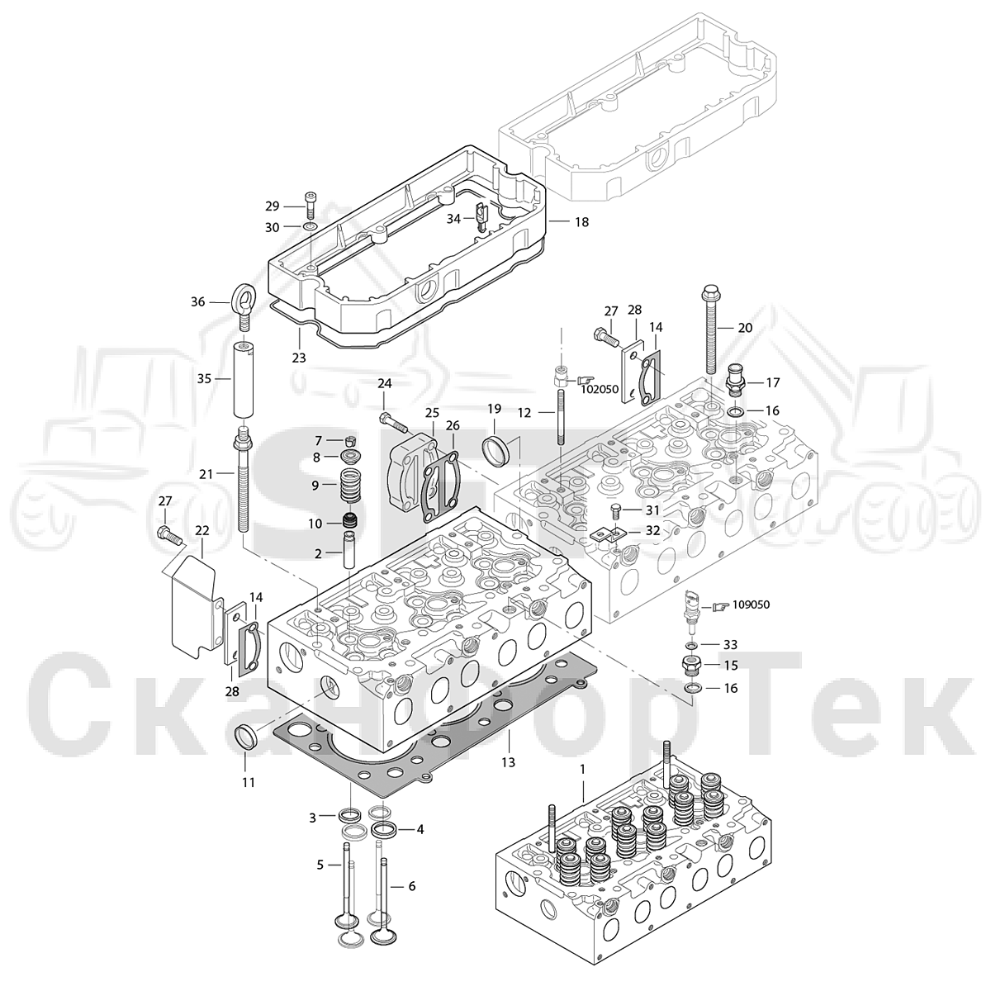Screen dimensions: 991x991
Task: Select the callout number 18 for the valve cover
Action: tap(581, 222)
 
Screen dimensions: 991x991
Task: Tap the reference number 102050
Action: tap(599, 389)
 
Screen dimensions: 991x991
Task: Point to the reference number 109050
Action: tap(751, 605)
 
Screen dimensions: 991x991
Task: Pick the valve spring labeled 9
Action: tap(349, 485)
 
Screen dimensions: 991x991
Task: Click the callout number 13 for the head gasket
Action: tap(508, 762)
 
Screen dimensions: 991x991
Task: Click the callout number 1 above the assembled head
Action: tap(583, 770)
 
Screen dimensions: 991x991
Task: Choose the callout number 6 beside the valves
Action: tap(412, 886)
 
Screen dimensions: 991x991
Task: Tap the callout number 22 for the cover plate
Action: tap(202, 529)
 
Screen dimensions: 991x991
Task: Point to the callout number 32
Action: tap(652, 530)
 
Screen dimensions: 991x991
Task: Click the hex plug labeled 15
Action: tap(690, 665)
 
